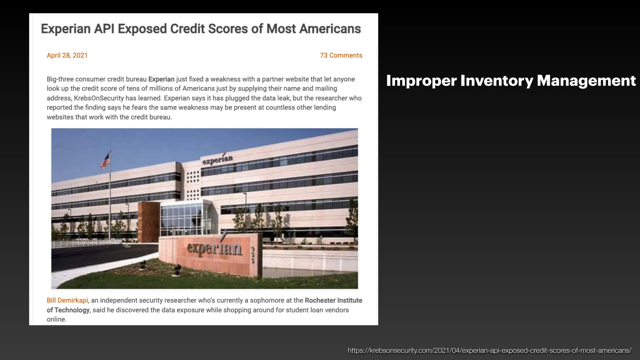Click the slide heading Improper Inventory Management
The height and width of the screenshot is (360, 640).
pyautogui.click(x=511, y=81)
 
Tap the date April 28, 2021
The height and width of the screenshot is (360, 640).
pyautogui.click(x=67, y=55)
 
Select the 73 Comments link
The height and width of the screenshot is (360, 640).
pyautogui.click(x=341, y=55)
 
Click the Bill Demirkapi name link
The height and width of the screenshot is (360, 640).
pyautogui.click(x=67, y=300)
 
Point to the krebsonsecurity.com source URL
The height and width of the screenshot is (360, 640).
pyautogui.click(x=489, y=350)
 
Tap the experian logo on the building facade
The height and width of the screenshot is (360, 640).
pyautogui.click(x=217, y=159)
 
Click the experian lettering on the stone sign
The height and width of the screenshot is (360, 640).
pyautogui.click(x=214, y=248)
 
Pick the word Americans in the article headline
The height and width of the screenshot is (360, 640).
pyautogui.click(x=330, y=29)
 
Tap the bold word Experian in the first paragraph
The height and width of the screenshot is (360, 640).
pyautogui.click(x=161, y=79)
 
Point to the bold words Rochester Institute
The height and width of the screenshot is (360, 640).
pyautogui.click(x=333, y=300)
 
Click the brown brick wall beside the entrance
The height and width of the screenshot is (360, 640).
pyautogui.click(x=149, y=222)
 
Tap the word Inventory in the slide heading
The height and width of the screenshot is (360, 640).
pyautogui.click(x=497, y=81)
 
